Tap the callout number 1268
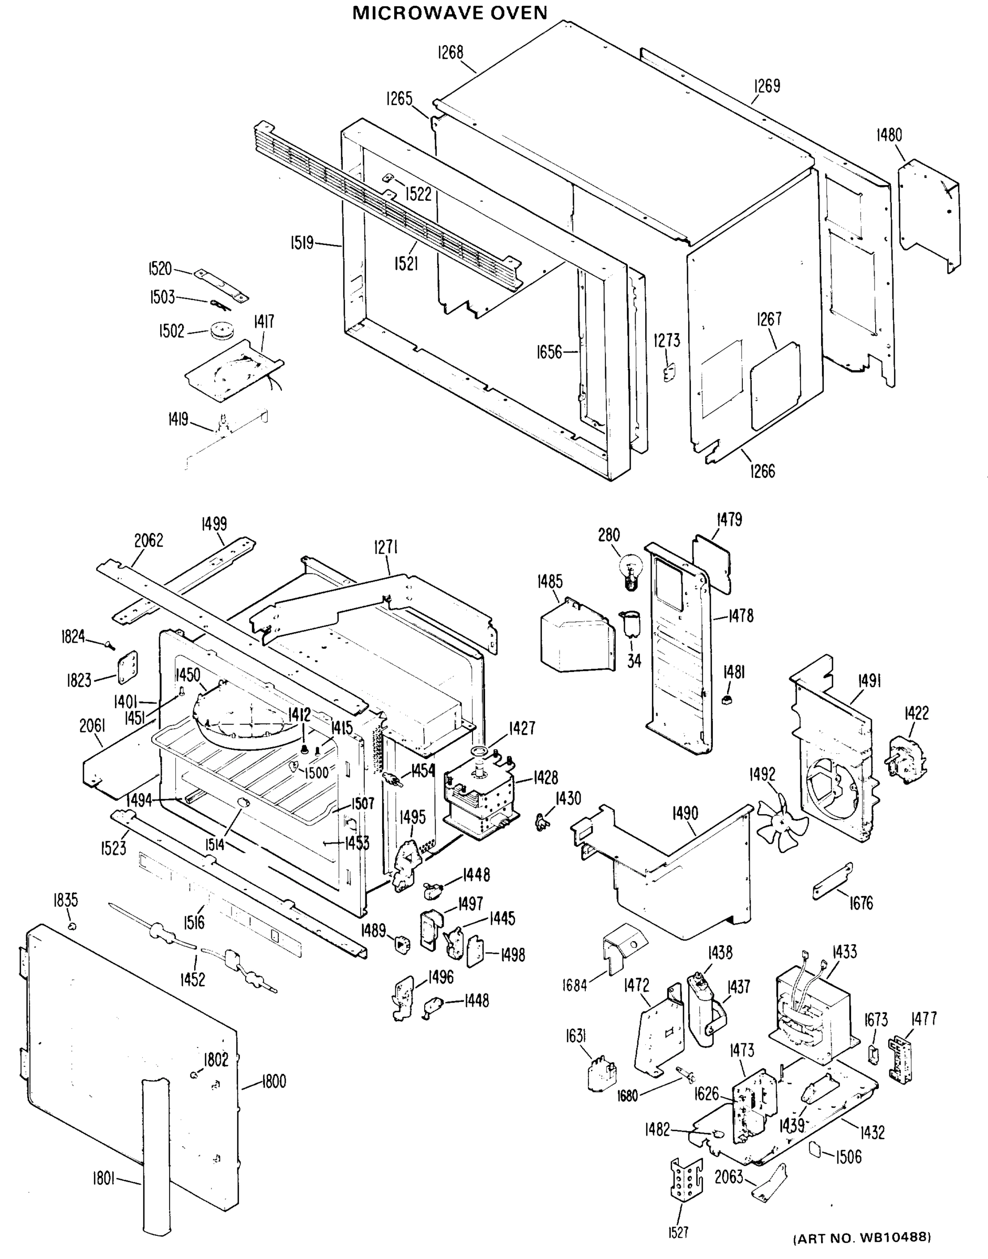(450, 52)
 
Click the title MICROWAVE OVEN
(449, 13)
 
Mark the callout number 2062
(149, 540)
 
